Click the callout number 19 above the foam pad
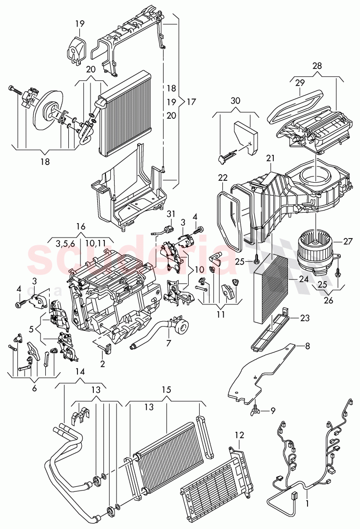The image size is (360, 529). click(79, 23)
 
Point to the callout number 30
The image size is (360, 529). click(235, 101)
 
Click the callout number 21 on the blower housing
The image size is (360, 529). click(270, 158)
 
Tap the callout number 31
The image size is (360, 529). click(171, 214)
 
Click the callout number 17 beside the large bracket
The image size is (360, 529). click(192, 101)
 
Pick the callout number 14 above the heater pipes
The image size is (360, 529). click(80, 371)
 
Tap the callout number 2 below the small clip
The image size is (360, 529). click(102, 364)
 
